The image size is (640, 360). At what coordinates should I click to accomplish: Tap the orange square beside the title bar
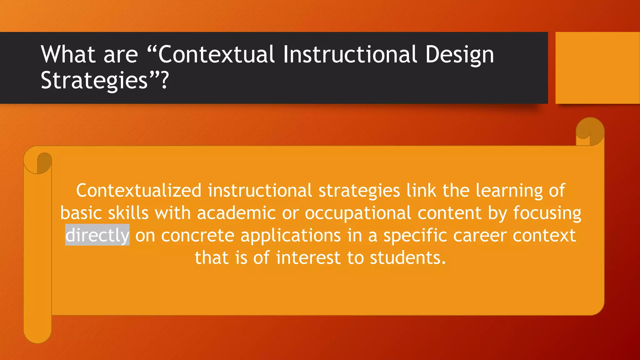click(x=597, y=68)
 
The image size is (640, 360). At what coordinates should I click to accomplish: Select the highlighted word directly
click(x=97, y=235)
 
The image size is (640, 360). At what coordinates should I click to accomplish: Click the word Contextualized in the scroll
click(x=139, y=190)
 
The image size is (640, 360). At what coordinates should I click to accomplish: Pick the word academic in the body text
click(x=236, y=213)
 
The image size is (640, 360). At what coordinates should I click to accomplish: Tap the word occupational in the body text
click(x=358, y=213)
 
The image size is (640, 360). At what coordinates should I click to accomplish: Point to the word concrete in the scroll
click(x=197, y=235)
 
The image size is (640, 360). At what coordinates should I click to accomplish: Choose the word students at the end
click(x=407, y=258)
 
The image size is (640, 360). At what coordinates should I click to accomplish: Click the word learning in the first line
click(x=509, y=191)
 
